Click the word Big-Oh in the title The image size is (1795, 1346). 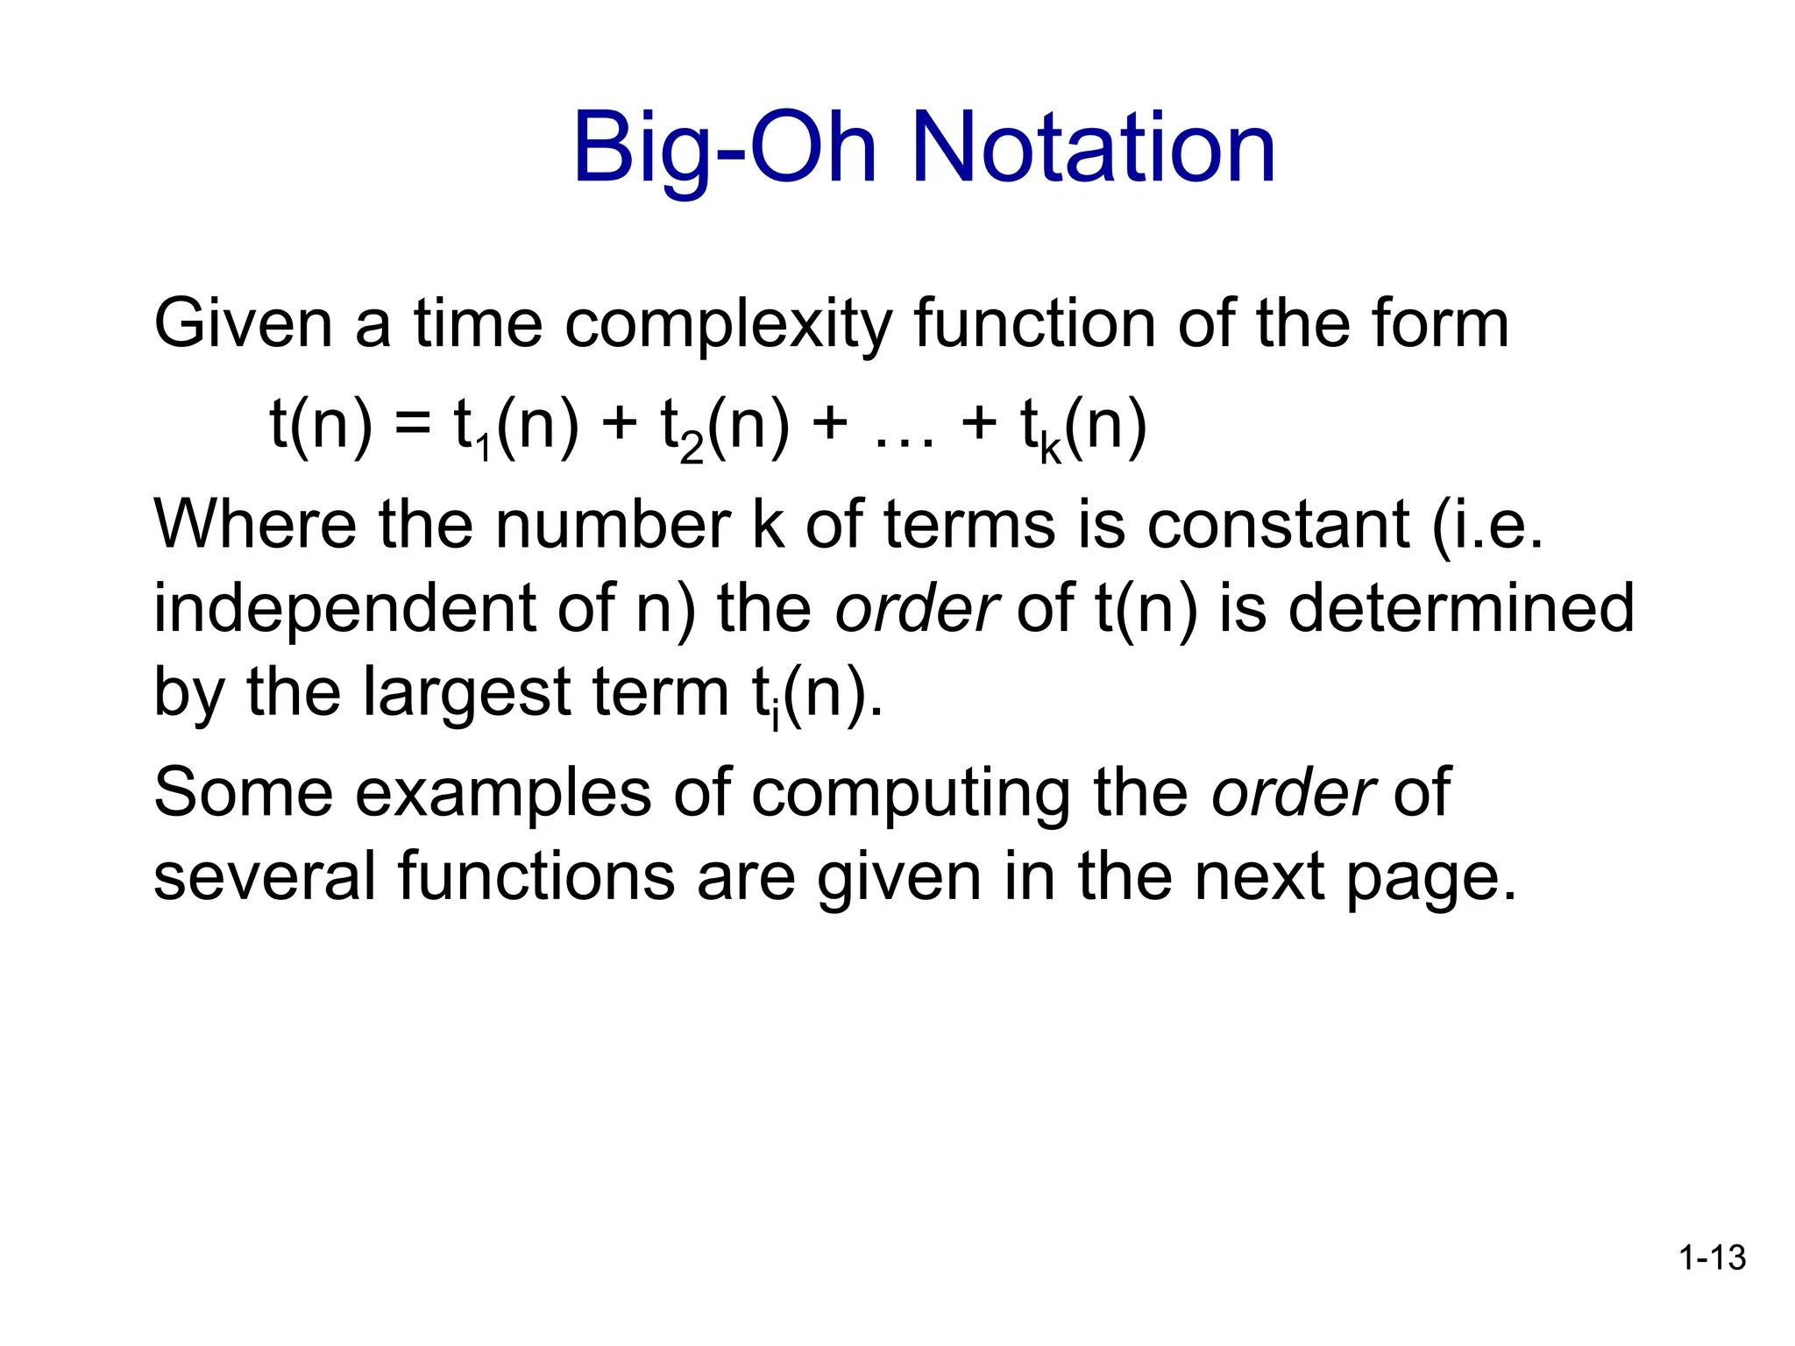pos(724,149)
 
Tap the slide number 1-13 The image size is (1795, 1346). pos(1712,1257)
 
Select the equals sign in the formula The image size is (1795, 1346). pos(412,427)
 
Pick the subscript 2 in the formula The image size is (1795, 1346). pos(692,450)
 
